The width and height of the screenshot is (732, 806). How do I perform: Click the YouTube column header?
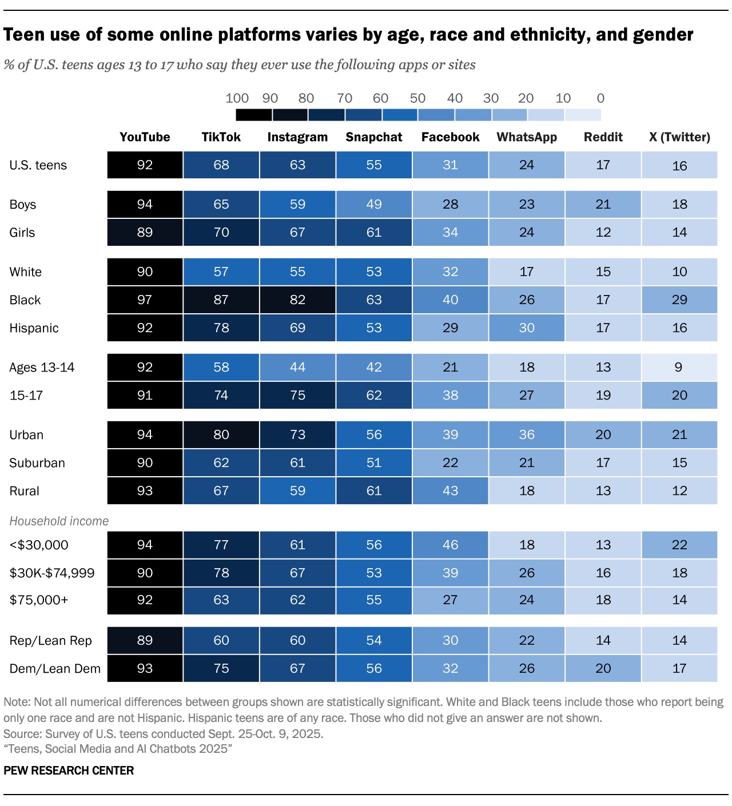145,137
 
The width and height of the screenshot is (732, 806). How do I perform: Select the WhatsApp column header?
527,137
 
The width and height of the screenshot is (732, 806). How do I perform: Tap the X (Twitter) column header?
679,137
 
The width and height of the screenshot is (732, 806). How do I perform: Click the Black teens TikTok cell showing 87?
221,300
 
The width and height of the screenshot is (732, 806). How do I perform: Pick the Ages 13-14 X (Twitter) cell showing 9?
679,368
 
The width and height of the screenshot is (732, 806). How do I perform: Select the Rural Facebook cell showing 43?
451,491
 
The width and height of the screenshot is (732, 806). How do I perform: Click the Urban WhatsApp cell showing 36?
527,435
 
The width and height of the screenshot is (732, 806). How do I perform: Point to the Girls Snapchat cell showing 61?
374,233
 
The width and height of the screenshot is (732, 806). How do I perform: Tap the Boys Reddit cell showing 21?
603,205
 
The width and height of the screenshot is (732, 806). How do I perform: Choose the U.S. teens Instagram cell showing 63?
297,165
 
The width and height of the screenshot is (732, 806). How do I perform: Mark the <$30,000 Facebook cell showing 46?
451,545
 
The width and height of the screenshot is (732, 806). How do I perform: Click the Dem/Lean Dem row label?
55,669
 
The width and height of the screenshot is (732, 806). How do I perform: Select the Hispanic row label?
34,328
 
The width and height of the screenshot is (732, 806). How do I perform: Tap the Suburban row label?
37,463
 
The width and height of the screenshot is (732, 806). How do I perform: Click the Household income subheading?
59,521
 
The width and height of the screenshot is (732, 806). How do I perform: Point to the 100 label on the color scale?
237,98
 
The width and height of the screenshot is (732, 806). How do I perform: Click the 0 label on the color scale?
600,98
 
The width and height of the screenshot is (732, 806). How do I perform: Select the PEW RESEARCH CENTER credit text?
69,771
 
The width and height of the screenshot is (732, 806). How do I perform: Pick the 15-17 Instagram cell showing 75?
297,396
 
